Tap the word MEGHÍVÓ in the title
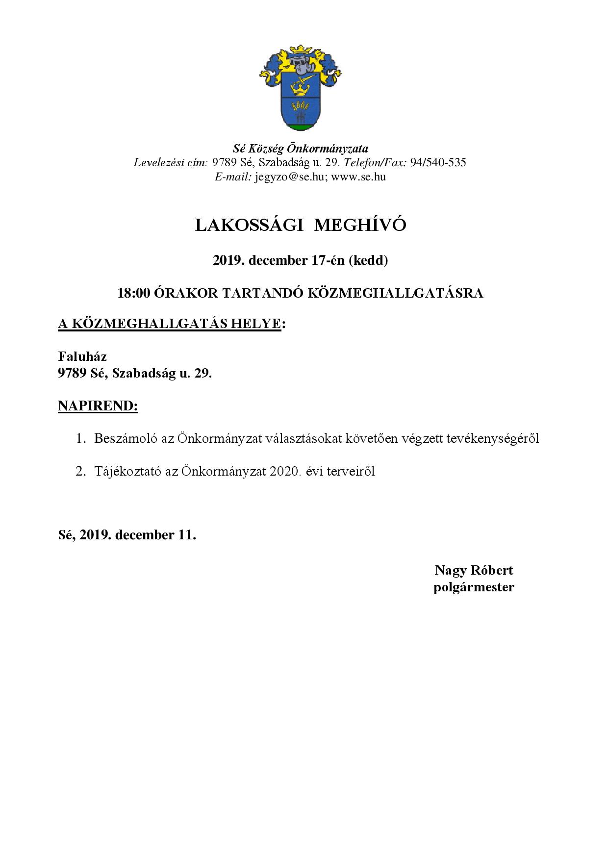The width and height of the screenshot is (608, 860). click(x=360, y=225)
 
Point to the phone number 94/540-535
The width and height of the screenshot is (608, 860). click(x=438, y=163)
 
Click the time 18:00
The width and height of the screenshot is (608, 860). click(x=133, y=293)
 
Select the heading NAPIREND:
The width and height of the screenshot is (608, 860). click(x=98, y=406)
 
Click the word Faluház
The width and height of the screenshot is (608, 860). click(x=82, y=356)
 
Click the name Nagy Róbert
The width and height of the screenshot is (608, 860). click(x=474, y=570)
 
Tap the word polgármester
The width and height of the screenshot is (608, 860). click(x=474, y=587)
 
